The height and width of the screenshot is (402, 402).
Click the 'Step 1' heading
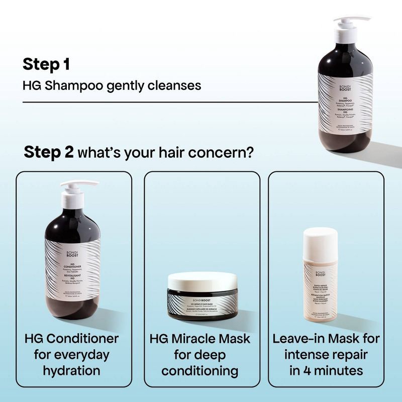[x=46, y=64]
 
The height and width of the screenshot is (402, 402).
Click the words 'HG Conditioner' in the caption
[x=71, y=338]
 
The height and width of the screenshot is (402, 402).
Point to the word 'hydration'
[x=71, y=371]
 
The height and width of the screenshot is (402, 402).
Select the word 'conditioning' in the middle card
[x=202, y=371]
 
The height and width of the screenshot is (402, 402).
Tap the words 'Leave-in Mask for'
[x=326, y=338]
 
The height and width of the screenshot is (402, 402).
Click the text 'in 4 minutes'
[x=326, y=371]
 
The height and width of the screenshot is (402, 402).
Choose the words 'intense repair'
[x=326, y=355]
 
